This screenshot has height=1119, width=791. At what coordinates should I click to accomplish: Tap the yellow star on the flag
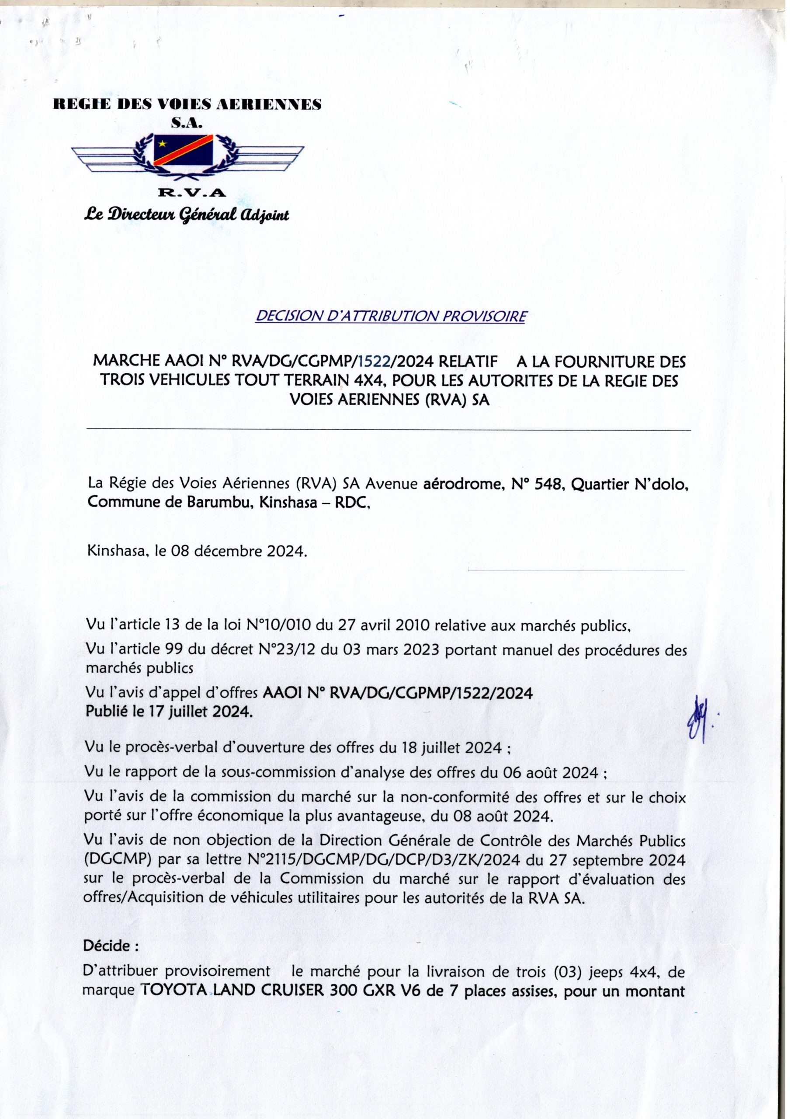[162, 144]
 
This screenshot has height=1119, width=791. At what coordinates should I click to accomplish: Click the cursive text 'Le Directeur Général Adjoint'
[187, 215]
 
